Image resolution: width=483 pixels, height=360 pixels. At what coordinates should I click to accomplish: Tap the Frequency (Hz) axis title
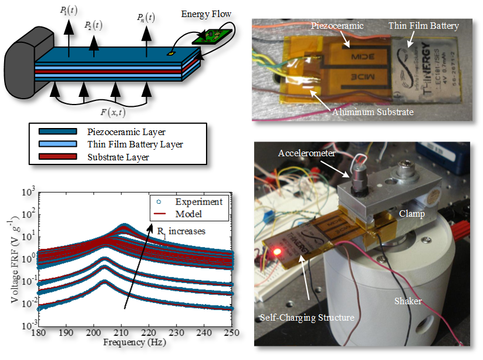[136, 341]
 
